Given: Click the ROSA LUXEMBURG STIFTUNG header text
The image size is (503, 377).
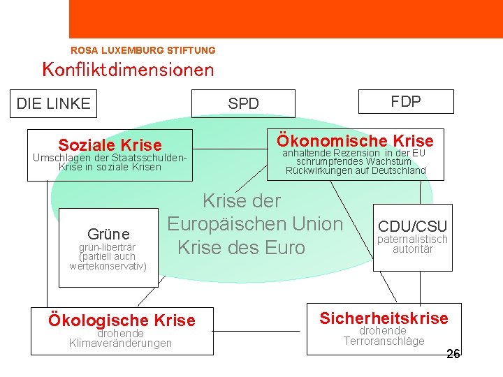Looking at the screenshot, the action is (143, 50).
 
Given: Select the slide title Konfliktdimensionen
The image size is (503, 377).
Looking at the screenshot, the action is (128, 70).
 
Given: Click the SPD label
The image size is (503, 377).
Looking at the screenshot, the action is (243, 104).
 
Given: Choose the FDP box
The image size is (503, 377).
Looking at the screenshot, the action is (405, 101).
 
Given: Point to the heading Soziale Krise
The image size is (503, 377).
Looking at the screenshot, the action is (110, 145).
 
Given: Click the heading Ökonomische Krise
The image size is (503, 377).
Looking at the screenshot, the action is (355, 140).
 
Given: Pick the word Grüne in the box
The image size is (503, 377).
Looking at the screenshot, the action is (108, 233).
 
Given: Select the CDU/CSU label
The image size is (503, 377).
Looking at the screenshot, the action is (412, 226).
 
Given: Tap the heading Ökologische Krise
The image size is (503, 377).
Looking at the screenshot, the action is (121, 320).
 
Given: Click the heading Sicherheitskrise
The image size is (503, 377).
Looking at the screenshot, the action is (384, 318).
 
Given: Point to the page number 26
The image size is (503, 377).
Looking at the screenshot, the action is (453, 354).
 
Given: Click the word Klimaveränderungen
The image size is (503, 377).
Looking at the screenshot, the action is (120, 343).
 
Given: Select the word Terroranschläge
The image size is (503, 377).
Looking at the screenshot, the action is (384, 341).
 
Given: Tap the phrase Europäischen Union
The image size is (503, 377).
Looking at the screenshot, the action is (255, 224).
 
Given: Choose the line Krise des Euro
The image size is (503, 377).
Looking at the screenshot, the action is (241, 248).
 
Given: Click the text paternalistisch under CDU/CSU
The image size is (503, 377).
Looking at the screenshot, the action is (412, 239).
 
